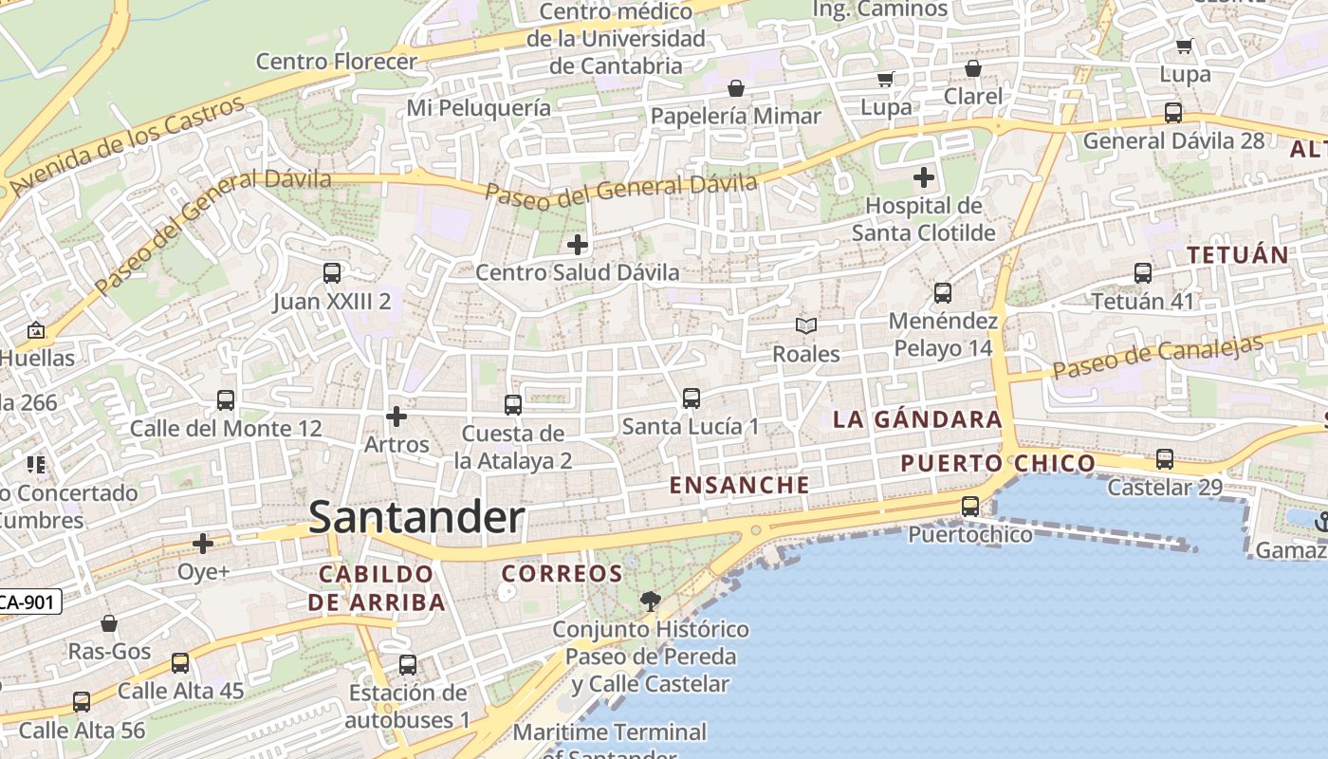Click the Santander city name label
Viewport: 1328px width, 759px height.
coord(416,518)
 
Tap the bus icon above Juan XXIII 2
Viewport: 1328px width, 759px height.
coord(332,273)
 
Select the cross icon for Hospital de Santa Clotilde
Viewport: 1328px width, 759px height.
coord(923,177)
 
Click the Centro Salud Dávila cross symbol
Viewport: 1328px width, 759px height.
coord(577,245)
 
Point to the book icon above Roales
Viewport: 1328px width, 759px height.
coord(806,326)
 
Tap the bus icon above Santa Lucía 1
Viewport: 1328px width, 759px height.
coord(692,398)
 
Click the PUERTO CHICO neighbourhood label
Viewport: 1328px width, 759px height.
coord(998,463)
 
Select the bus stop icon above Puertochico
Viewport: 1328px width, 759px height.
coord(969,507)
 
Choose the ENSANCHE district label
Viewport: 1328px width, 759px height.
coord(740,485)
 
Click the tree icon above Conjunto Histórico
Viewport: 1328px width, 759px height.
coord(651,601)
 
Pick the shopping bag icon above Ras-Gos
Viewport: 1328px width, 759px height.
coord(109,623)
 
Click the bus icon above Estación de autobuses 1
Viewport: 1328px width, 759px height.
coord(408,665)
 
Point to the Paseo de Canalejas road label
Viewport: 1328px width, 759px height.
coord(1158,356)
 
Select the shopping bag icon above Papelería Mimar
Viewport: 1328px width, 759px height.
coord(736,89)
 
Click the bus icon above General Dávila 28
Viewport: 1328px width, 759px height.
coord(1173,113)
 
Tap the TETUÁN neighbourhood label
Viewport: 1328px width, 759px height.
coord(1238,254)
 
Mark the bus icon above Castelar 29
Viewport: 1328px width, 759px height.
coord(1165,459)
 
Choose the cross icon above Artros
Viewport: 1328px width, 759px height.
coord(397,417)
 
